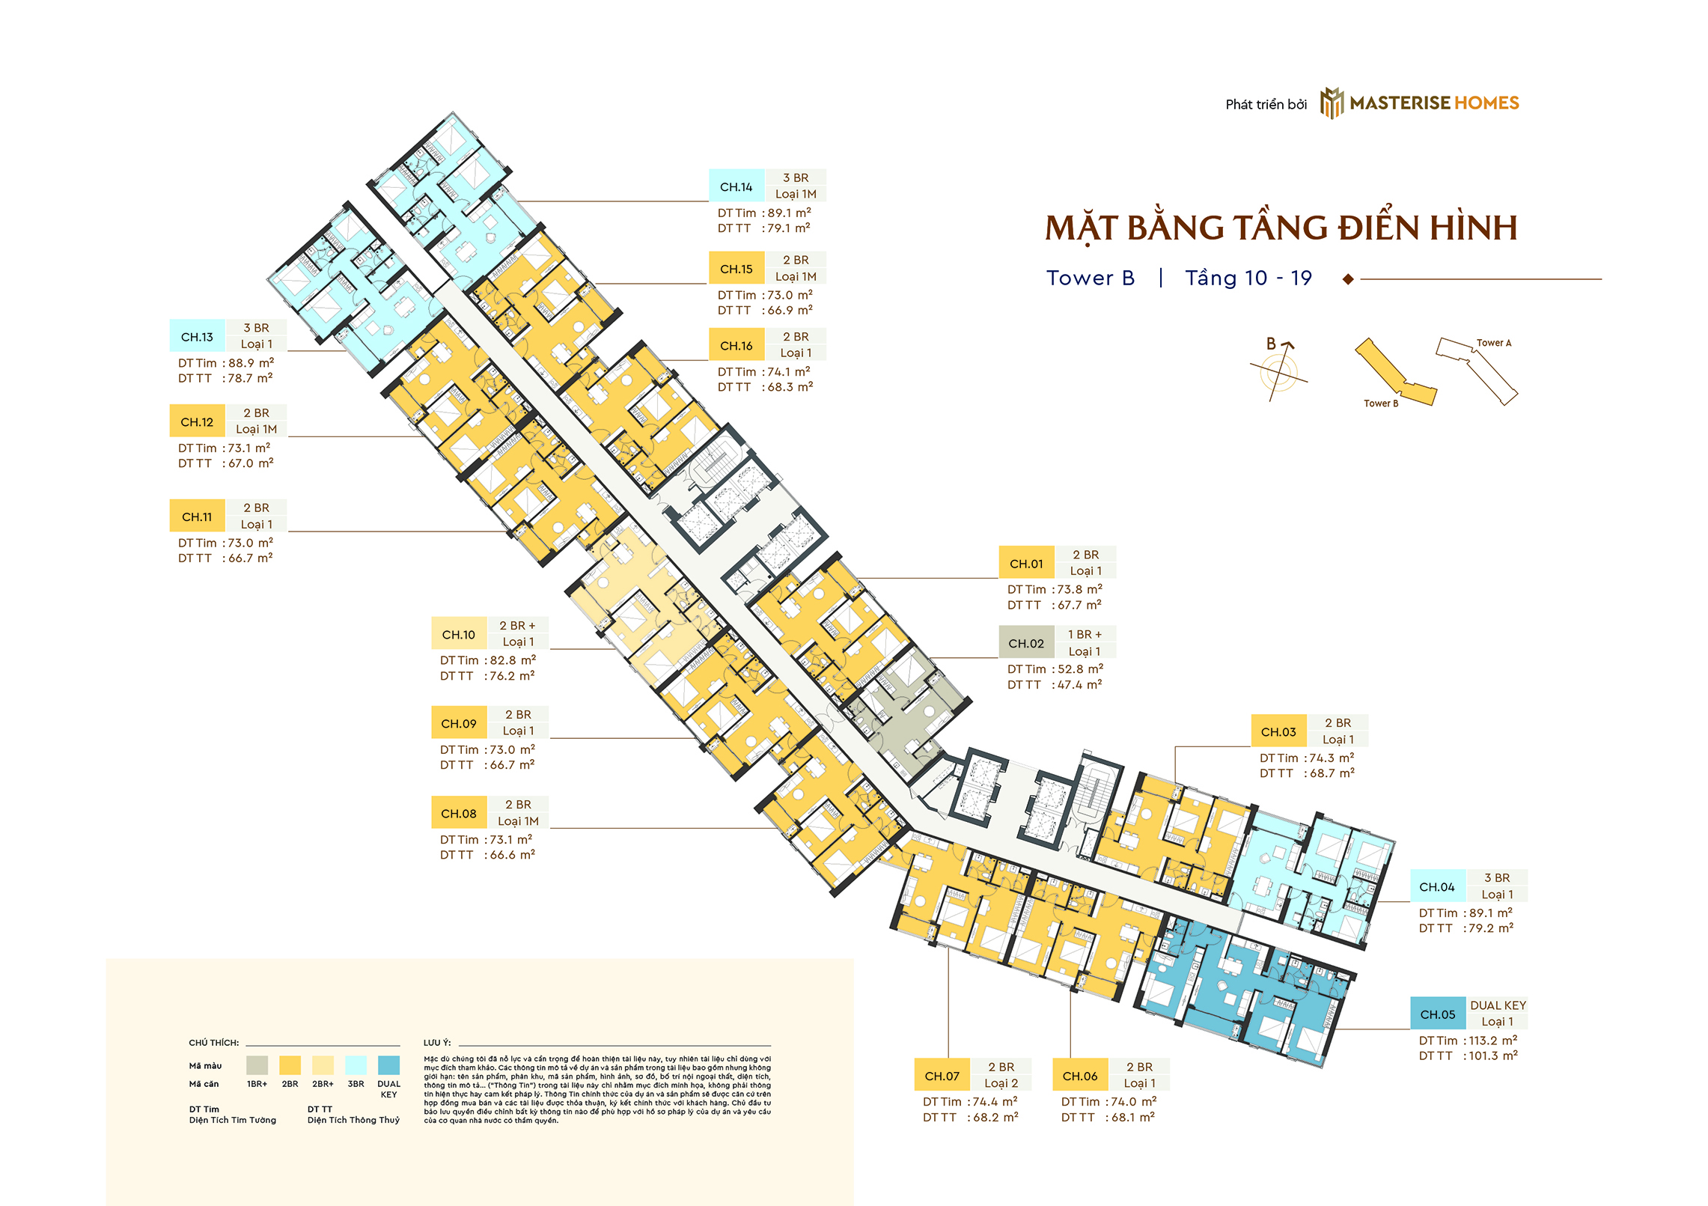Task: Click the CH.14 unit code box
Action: coord(736,186)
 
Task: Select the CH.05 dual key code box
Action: coord(1438,1014)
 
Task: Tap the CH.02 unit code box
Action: coord(1026,643)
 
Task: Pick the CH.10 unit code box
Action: coord(459,634)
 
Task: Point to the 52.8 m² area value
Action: coord(1080,669)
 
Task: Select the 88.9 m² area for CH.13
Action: coord(251,362)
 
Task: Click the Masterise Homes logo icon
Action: coord(1332,103)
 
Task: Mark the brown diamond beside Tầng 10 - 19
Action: coord(1348,279)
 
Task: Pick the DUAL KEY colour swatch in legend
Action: coord(388,1065)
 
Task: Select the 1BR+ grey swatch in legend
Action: coord(257,1065)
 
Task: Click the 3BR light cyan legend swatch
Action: coord(356,1065)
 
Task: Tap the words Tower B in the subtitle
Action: coord(1091,278)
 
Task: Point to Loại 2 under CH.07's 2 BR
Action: coord(1001,1083)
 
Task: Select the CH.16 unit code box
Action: coord(736,345)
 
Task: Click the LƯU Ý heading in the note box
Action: coord(436,1042)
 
